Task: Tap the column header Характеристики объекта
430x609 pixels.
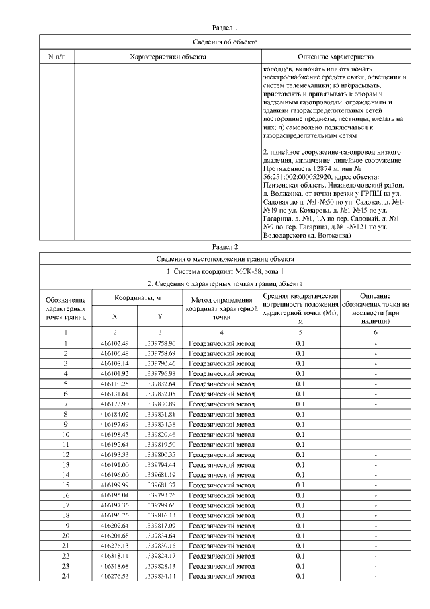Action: click(167, 57)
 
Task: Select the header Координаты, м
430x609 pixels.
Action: click(136, 297)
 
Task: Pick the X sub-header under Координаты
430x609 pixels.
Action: click(114, 316)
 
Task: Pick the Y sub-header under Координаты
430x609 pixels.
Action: click(160, 316)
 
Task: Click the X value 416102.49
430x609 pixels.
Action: click(114, 343)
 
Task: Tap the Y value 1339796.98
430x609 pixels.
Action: click(160, 373)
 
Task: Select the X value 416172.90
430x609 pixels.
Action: click(114, 404)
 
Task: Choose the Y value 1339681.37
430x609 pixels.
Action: click(160, 485)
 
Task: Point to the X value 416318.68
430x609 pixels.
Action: click(114, 566)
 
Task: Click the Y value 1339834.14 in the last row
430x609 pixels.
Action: click(160, 576)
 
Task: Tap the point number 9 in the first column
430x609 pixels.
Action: click(66, 424)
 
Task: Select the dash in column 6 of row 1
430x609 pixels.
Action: click(376, 343)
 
